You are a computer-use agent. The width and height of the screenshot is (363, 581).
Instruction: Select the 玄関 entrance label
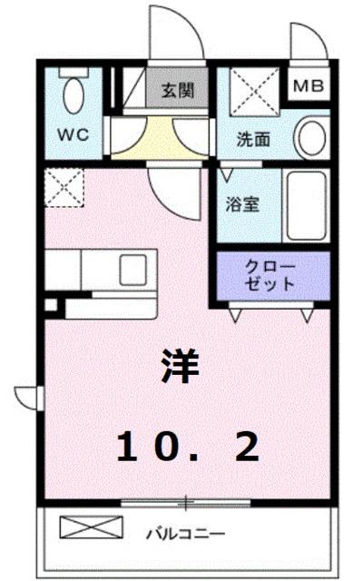[176, 91]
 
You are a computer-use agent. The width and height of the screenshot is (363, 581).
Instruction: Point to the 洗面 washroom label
[254, 141]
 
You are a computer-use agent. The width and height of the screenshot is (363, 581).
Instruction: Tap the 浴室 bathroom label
[242, 204]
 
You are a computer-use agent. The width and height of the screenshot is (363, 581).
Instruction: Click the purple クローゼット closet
[271, 274]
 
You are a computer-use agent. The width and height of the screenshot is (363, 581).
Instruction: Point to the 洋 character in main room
[181, 366]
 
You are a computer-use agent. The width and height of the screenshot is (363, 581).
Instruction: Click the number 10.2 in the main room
[188, 445]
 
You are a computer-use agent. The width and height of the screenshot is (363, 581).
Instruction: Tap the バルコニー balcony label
[187, 533]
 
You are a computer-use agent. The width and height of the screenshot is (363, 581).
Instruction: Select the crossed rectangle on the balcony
[91, 527]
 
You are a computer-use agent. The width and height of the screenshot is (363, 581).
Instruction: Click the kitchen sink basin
[133, 269]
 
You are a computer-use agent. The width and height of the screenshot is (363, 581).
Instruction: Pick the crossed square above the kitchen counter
[64, 187]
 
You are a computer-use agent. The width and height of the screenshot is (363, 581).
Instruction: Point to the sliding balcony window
[185, 501]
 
